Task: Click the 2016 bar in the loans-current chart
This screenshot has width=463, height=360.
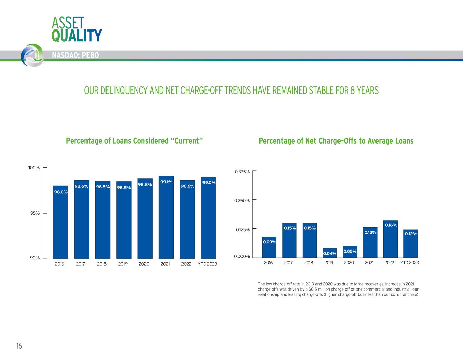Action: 60,222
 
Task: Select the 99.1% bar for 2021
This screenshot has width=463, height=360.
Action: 166,217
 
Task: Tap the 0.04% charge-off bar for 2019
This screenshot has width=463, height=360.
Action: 330,253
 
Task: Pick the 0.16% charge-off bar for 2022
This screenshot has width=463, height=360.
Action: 390,239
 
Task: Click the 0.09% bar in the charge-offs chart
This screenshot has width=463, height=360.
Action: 269,247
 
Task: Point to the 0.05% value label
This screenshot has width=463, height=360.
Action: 350,251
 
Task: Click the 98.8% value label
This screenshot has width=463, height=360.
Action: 145,185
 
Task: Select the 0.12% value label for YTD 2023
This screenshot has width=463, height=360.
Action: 411,234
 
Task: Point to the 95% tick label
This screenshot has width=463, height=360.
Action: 35,213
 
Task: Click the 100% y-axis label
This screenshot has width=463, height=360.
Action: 34,168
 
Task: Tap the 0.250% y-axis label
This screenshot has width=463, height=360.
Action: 242,201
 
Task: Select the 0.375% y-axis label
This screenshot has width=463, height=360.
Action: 242,172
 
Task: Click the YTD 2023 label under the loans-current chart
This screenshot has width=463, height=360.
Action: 207,264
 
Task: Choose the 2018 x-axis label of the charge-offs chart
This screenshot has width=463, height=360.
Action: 309,263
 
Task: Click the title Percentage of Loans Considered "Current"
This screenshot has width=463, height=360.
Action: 134,141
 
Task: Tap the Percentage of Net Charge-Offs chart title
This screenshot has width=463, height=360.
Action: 336,141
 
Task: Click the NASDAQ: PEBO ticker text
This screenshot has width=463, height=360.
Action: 75,55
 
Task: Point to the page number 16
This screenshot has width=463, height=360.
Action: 19,346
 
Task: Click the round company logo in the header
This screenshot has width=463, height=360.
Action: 32,55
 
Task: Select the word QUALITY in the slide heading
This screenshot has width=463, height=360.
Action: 77,35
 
